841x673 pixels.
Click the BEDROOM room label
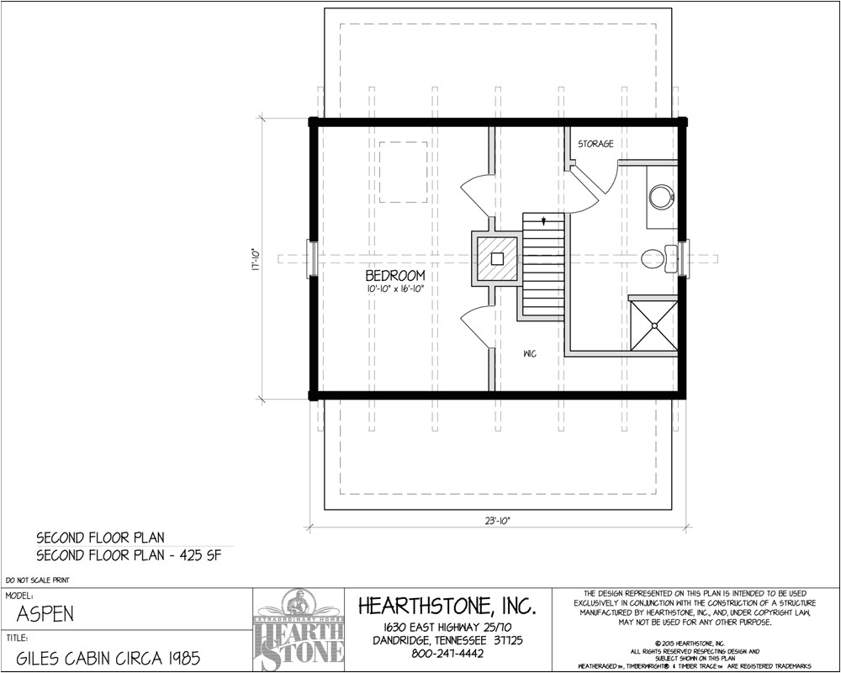pyautogui.click(x=394, y=275)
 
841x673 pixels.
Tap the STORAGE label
pyautogui.click(x=595, y=145)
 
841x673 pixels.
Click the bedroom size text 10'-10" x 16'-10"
pyautogui.click(x=394, y=289)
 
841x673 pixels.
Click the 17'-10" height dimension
pyautogui.click(x=255, y=258)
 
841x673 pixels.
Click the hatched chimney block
pyautogui.click(x=497, y=258)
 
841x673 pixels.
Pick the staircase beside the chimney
pyautogui.click(x=542, y=265)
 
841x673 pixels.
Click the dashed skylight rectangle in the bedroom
pyautogui.click(x=403, y=172)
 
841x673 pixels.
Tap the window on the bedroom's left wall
pyautogui.click(x=313, y=258)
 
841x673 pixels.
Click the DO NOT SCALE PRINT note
pyautogui.click(x=37, y=580)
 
